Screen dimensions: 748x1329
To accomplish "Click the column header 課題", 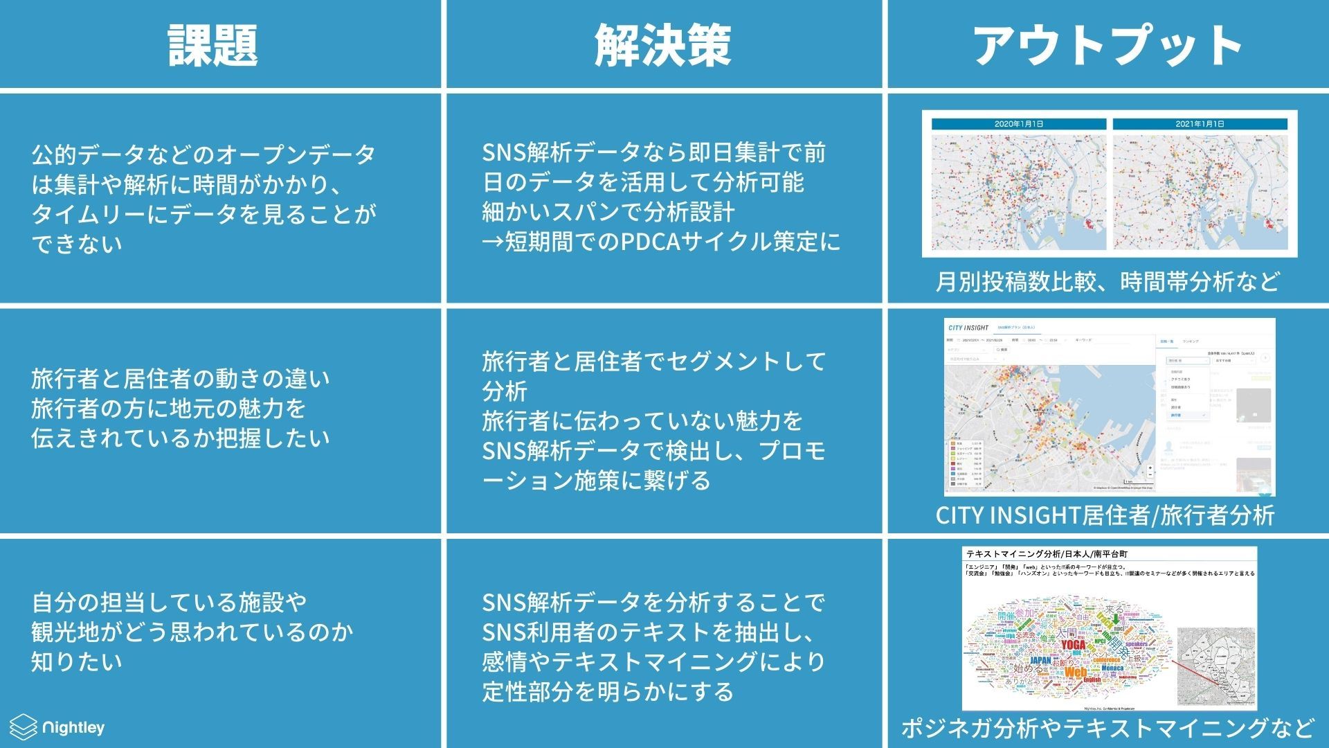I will tap(213, 46).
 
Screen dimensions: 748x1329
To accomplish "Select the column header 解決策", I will tap(662, 46).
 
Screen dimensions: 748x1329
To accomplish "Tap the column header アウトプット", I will tap(1107, 46).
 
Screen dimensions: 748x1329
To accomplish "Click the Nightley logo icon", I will tap(23, 727).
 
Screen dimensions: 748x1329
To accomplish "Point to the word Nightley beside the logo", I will tap(73, 728).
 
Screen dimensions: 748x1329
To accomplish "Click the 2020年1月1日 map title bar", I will tap(1018, 124).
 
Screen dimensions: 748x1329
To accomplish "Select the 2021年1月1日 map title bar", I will tap(1200, 124).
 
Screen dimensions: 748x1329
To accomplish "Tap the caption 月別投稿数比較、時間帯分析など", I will tap(1107, 282).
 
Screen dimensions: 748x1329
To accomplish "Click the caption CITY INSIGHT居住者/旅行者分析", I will tap(1105, 515).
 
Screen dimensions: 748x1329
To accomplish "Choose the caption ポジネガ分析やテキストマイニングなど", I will tap(1107, 728).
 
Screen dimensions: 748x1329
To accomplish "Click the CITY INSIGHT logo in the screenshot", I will tap(968, 327).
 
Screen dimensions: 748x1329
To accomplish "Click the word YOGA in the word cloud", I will tap(1073, 645).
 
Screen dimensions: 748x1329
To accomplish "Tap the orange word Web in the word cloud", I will tap(1075, 673).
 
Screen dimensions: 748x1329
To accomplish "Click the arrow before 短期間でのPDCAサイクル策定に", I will tap(493, 242).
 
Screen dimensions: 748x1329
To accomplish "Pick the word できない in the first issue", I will tap(76, 244).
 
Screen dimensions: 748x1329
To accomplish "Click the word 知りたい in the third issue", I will tap(76, 661).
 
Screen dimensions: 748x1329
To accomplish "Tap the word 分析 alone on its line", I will tap(505, 391).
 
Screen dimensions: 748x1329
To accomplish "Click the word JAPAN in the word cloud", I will tap(1040, 660).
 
